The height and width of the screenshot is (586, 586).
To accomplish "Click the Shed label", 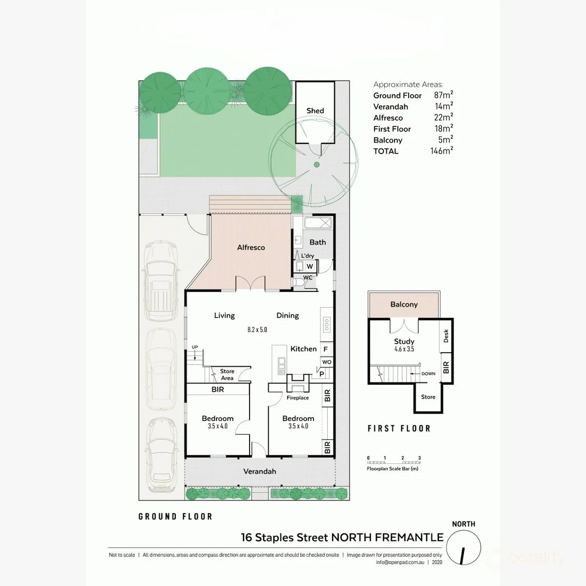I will [315, 111].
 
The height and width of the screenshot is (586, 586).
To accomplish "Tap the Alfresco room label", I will [251, 247].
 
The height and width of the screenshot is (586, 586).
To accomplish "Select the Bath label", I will [317, 242].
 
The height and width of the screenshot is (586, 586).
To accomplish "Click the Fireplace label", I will [297, 398].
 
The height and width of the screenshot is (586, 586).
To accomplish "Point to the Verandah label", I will [259, 472].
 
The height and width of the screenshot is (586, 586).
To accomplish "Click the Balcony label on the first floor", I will [404, 304].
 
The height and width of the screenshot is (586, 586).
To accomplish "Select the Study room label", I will [404, 342].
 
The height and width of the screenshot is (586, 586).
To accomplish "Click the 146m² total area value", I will [440, 151].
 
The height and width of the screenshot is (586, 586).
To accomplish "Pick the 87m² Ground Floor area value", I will [442, 95].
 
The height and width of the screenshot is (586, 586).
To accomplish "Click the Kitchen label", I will [303, 349].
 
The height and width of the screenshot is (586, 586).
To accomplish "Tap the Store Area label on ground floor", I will [227, 374].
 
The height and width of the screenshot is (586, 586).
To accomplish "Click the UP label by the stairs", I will [195, 347].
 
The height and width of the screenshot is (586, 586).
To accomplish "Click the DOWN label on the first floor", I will [428, 374].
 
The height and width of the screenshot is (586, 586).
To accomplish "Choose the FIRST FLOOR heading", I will [399, 429].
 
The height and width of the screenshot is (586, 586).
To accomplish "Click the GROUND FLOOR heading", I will [175, 517].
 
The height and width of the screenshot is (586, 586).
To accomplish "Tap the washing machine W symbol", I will [309, 266].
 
